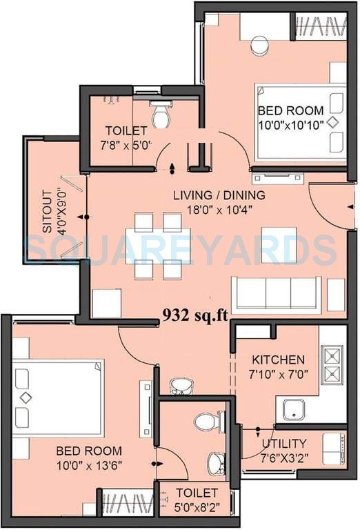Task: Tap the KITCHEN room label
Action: tap(277, 360)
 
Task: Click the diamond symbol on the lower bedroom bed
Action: tap(26, 397)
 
